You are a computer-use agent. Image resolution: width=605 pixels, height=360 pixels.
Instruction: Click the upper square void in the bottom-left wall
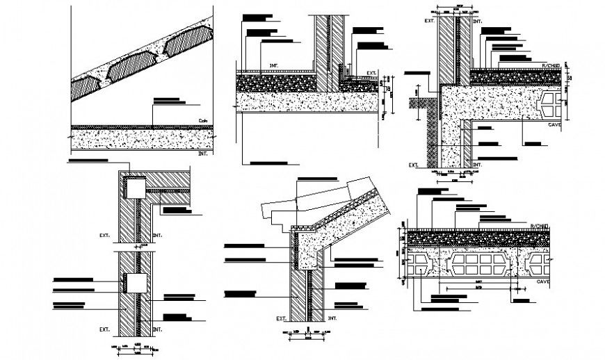[x=134, y=187]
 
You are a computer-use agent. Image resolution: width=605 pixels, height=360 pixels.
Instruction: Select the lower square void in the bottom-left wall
[x=134, y=283]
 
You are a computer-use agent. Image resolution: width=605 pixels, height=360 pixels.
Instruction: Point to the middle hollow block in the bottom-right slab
[x=481, y=267]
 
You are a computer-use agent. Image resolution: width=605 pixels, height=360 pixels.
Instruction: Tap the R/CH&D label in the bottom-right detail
[x=540, y=227]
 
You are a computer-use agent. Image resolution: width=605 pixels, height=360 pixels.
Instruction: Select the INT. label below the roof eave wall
[x=332, y=318]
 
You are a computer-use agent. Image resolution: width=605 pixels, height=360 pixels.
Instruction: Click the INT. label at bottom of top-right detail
[x=477, y=165]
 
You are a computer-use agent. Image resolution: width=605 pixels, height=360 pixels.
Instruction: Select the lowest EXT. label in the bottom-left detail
[x=105, y=329]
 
